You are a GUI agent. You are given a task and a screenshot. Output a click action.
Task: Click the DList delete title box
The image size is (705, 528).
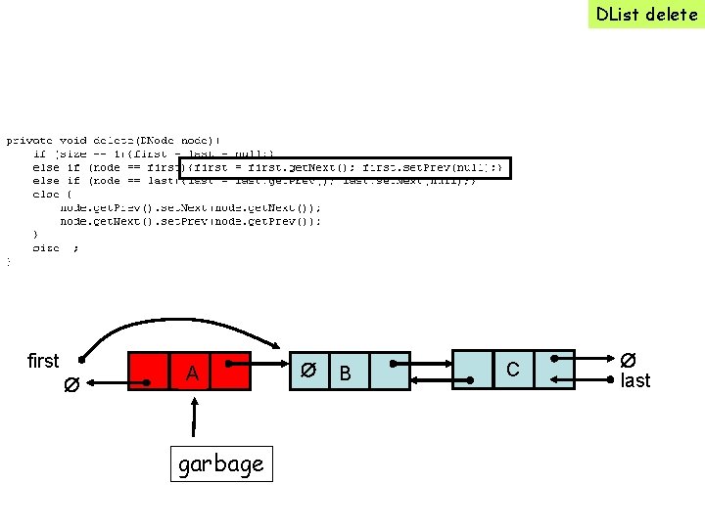[645, 14]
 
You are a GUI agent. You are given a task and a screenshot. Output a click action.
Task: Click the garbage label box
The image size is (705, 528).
[220, 464]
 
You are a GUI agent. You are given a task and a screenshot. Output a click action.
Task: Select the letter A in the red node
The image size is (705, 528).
[193, 374]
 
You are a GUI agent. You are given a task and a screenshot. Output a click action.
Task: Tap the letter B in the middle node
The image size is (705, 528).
[344, 373]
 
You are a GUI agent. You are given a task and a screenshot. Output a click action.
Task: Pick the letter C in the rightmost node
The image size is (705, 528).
[511, 368]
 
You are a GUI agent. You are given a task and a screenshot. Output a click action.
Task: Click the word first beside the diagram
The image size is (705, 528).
[43, 361]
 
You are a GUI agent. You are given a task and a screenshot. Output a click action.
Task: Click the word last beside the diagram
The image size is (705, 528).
[634, 380]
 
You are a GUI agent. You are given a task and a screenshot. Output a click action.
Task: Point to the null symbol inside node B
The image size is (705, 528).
[307, 371]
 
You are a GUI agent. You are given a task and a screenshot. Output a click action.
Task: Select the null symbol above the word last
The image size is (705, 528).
[628, 361]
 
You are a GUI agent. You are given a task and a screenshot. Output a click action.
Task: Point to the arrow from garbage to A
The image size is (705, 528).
[194, 420]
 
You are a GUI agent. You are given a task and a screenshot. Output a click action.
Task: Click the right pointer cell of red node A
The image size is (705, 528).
[236, 371]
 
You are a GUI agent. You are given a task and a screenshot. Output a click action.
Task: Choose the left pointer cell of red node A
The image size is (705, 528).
[148, 371]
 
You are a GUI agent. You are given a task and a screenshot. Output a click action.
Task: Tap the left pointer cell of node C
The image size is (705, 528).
[470, 371]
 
